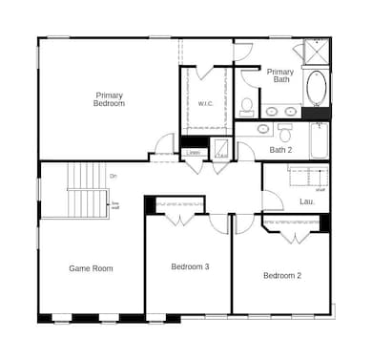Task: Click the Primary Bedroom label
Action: (109, 98)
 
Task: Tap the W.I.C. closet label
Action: (206, 103)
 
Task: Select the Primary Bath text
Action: (280, 75)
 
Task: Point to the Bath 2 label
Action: (279, 151)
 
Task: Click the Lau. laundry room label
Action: (306, 201)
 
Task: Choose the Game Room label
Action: (91, 268)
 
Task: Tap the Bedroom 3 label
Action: (190, 266)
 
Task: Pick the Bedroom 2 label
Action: (282, 276)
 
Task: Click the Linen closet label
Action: (194, 152)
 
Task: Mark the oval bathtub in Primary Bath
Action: (316, 92)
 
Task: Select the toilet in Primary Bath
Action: (247, 105)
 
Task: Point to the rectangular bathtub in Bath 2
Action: (318, 141)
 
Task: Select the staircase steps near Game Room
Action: (88, 189)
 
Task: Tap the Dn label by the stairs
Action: (113, 176)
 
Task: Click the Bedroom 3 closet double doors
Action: (179, 218)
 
